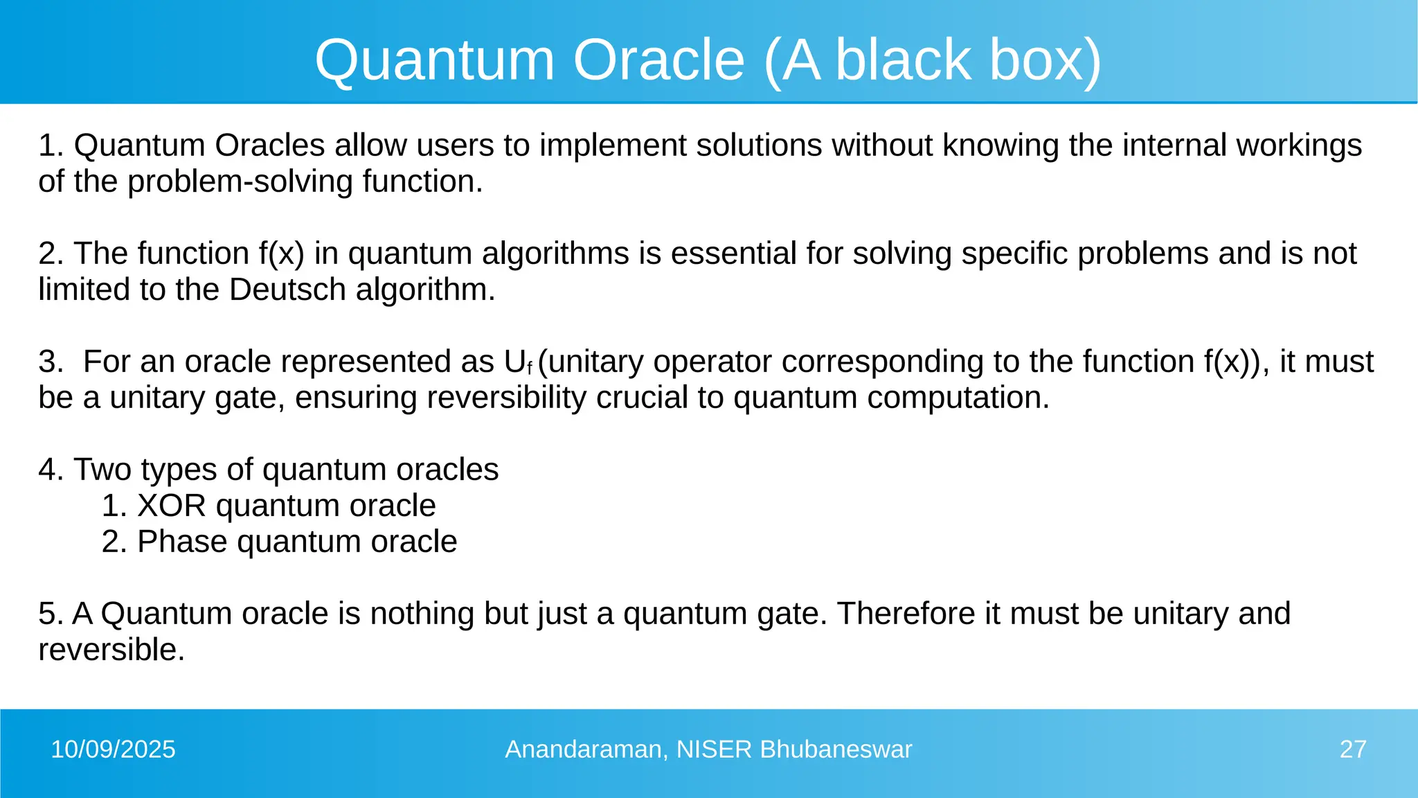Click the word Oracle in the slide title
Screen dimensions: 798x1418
[x=658, y=60]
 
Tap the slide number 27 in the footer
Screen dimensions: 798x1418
[x=1352, y=750]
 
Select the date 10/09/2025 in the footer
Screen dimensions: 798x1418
[x=114, y=750]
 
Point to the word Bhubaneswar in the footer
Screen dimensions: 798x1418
[x=835, y=750]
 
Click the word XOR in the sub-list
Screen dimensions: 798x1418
[x=172, y=506]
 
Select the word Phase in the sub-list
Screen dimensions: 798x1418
[x=181, y=542]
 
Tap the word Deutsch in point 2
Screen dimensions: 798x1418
[x=287, y=290]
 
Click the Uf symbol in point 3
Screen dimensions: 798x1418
[x=518, y=362]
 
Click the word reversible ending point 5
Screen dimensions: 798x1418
[x=111, y=650]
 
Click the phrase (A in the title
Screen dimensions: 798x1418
[x=794, y=60]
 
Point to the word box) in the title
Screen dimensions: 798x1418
[x=1045, y=60]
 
